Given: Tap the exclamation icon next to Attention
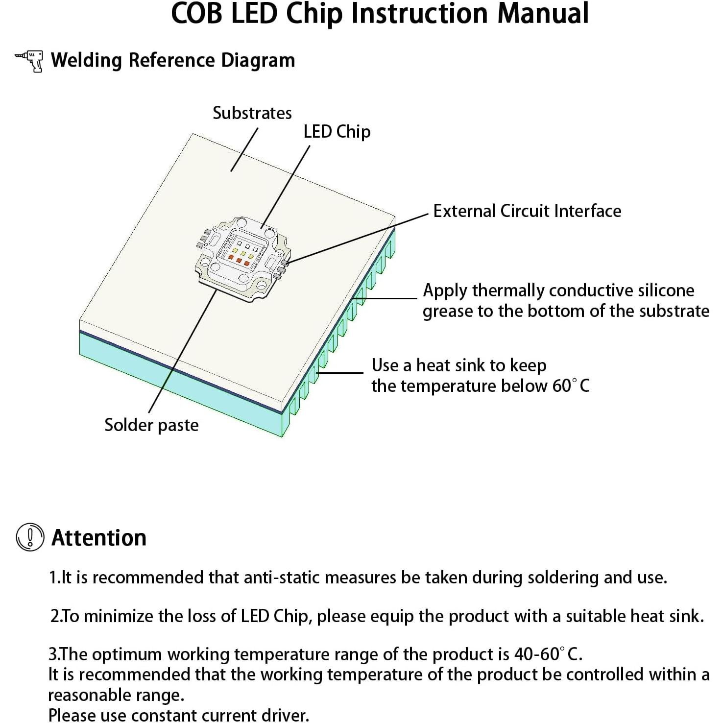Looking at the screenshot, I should (x=30, y=537).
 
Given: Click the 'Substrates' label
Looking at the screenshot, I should (x=252, y=113).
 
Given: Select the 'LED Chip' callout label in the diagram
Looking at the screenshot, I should (x=337, y=132).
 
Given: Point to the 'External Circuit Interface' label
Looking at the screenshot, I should (x=527, y=211).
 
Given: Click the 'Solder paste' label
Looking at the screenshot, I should (x=151, y=425).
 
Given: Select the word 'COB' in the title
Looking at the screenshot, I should (x=196, y=14).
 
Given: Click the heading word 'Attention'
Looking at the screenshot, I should (x=99, y=538).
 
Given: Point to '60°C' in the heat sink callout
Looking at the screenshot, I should (x=571, y=386).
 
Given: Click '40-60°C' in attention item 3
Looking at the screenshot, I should (x=547, y=654).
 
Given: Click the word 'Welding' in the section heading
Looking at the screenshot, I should (x=87, y=61).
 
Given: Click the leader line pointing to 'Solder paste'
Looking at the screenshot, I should (x=181, y=353).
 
